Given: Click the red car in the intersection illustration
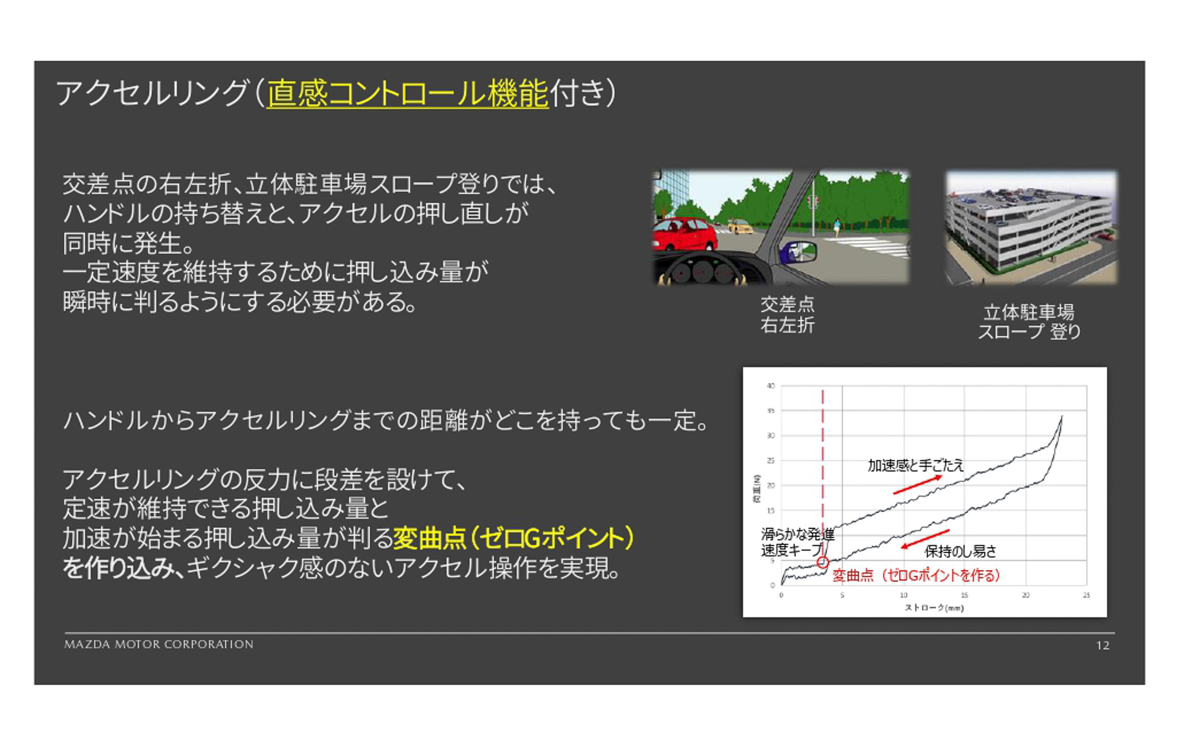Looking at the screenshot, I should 684,235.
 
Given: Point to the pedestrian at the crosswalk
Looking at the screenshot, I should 837,227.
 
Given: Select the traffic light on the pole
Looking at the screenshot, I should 813,201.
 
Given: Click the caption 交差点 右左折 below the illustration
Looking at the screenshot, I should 787,314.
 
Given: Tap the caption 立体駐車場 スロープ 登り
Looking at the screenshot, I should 1029,322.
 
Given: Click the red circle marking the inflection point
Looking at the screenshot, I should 823,562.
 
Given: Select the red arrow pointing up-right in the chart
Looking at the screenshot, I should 918,485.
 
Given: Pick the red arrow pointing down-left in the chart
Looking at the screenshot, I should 924,539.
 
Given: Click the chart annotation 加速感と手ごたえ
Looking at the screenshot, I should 915,466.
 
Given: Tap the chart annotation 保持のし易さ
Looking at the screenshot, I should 960,551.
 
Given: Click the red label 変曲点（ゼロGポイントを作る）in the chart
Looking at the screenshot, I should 916,575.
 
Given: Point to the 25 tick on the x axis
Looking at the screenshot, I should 1086,595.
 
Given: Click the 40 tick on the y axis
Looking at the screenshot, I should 771,386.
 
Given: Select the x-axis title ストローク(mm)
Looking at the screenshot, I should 934,608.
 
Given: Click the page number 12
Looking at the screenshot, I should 1103,646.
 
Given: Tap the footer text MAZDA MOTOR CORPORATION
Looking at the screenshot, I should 159,644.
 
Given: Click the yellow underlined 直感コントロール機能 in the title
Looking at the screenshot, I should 408,94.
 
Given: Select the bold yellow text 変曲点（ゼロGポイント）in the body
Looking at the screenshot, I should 514,538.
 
